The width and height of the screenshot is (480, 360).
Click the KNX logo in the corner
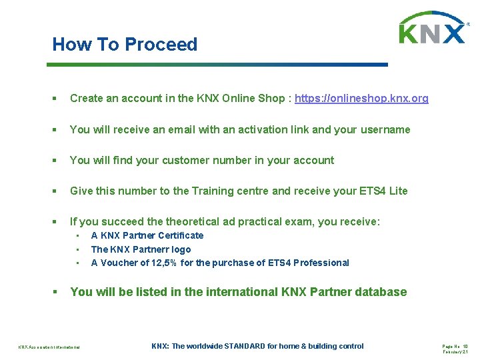click(433, 29)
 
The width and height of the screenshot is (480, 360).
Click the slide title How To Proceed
click(125, 45)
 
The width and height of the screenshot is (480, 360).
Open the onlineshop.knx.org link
click(361, 99)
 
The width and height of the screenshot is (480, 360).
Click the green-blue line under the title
click(217, 65)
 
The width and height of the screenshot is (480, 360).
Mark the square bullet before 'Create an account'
click(55, 99)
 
